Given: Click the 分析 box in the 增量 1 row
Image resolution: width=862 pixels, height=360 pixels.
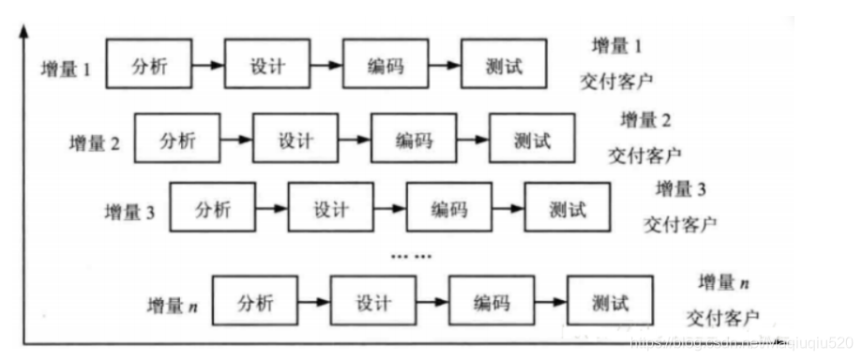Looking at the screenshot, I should click(147, 66).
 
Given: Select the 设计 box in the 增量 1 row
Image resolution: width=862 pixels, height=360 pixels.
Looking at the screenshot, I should click(266, 66).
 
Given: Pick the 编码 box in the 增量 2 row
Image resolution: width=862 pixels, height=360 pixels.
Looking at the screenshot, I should click(414, 141).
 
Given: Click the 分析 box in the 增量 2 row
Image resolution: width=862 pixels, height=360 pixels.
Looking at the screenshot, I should click(177, 141).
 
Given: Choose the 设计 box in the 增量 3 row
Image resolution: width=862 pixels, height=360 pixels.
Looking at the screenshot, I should click(331, 209).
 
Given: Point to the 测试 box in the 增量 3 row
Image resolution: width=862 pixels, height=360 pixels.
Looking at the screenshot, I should click(567, 209).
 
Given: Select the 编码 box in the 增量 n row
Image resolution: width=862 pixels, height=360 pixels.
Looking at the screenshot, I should click(491, 302).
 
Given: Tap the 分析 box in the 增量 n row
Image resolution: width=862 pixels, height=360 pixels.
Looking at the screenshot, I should click(255, 302).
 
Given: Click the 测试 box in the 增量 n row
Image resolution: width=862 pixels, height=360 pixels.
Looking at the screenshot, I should click(610, 302).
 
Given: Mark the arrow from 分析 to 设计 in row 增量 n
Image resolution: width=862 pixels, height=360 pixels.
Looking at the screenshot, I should click(314, 302).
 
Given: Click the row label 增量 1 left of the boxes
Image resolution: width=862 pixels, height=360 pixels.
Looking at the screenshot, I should click(66, 70).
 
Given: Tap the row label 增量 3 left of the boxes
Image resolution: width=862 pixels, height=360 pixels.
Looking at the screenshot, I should click(129, 213).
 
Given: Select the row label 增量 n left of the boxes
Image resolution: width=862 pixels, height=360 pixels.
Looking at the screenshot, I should click(172, 306).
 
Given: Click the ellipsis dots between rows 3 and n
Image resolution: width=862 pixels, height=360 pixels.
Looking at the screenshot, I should click(410, 254).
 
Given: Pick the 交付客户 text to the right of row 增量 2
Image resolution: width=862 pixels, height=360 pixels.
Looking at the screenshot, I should click(644, 153).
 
